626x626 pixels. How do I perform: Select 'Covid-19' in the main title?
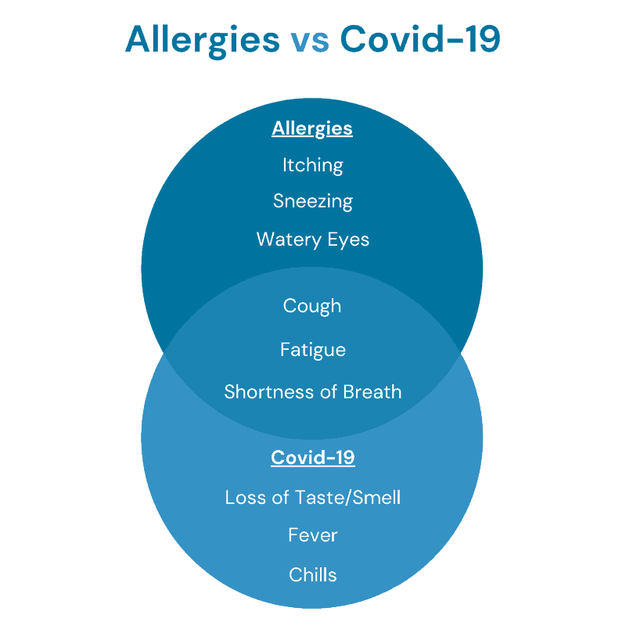[420, 38]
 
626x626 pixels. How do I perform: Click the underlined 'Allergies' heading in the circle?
[312, 129]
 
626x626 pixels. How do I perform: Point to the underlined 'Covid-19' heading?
[313, 458]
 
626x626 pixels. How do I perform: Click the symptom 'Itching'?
[312, 166]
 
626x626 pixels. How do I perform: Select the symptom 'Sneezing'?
[313, 202]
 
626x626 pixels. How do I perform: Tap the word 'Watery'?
[289, 240]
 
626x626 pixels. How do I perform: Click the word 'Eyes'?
[348, 240]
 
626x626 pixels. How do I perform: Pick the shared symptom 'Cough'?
[312, 307]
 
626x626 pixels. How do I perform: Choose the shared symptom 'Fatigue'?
[313, 351]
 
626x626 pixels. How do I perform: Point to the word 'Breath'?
[372, 392]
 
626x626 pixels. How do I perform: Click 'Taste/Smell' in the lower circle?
[347, 498]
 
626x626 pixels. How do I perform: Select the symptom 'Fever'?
[313, 535]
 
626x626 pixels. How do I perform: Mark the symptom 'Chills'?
[313, 575]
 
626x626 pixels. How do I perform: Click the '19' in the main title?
[484, 38]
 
